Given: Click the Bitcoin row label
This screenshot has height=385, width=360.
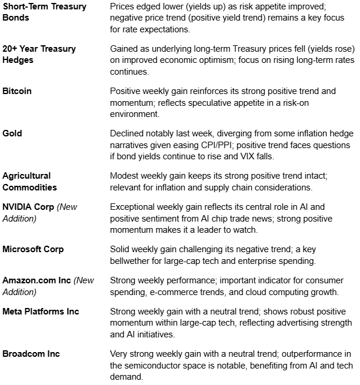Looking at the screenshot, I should (x=17, y=91).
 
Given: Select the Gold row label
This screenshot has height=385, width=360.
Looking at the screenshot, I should (x=12, y=133).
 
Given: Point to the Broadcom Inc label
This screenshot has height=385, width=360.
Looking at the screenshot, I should (x=31, y=354).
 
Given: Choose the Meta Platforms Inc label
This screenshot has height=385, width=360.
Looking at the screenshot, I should (x=41, y=312).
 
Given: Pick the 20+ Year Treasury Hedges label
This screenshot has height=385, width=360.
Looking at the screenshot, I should (x=39, y=54).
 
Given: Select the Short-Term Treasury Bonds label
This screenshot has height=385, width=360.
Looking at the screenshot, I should (x=44, y=12).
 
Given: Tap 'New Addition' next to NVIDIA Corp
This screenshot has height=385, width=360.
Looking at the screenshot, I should (x=40, y=212).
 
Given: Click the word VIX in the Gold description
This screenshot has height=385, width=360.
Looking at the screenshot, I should (x=298, y=156).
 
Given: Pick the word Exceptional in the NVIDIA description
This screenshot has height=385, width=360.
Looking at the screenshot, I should (x=135, y=207).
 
